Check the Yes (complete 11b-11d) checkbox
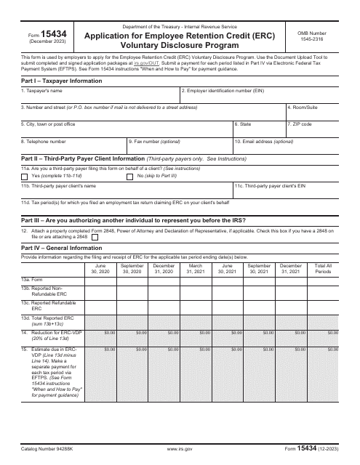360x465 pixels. [26, 177]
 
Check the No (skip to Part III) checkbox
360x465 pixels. [131, 177]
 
